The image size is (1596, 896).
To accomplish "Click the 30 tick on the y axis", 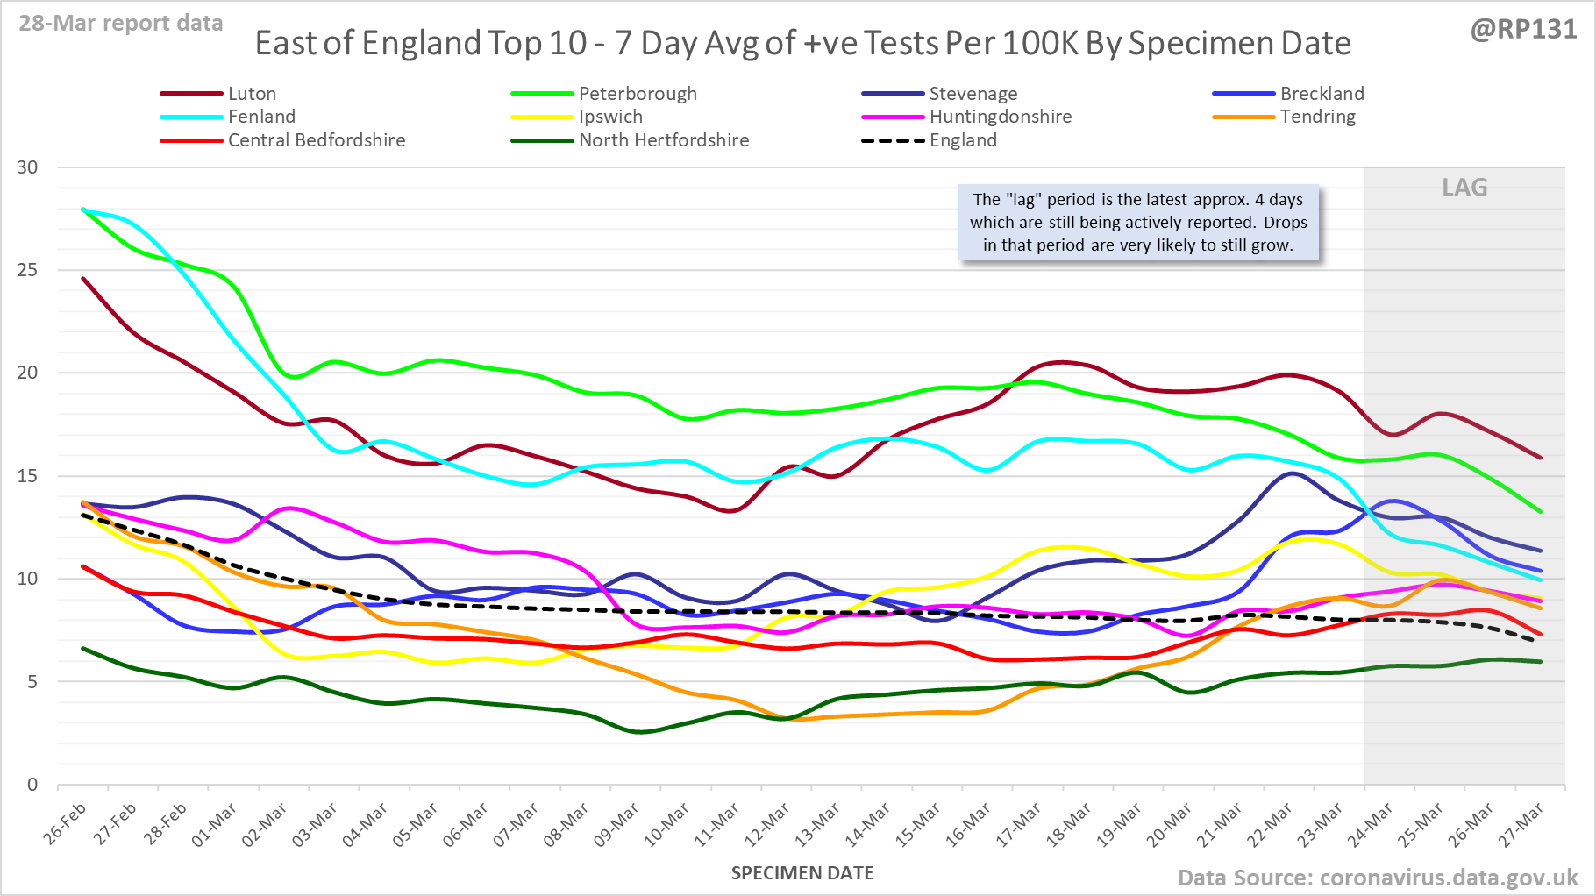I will tap(27, 167).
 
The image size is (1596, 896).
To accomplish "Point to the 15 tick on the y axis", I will tap(27, 476).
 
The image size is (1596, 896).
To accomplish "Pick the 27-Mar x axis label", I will tap(1521, 825).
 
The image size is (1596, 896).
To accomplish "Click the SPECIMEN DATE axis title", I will tap(802, 873).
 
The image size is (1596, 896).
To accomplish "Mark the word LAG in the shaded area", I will tap(1464, 188).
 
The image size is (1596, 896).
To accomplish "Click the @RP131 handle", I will tap(1523, 30).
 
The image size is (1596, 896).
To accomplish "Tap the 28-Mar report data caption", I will tap(121, 24).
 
